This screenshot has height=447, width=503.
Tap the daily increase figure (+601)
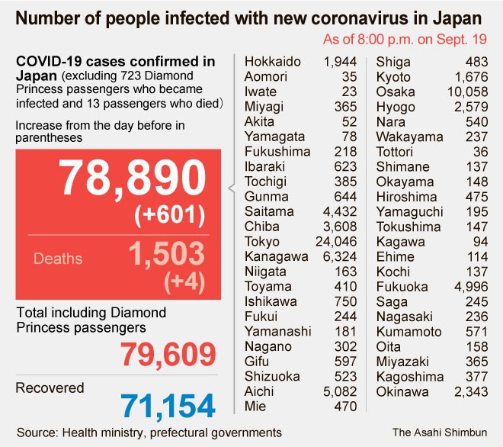coord(169,216)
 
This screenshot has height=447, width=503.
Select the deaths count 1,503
coord(166,254)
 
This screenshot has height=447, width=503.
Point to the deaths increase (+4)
coord(185,282)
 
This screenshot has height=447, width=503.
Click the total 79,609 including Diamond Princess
coord(168,353)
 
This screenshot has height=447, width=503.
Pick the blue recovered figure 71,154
coord(168,405)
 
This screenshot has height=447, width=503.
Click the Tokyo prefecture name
coord(261,241)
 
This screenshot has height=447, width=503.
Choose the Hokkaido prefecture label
coord(273,62)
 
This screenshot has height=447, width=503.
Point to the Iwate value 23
coord(350,92)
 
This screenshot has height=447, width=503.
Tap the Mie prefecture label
coord(255,407)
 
